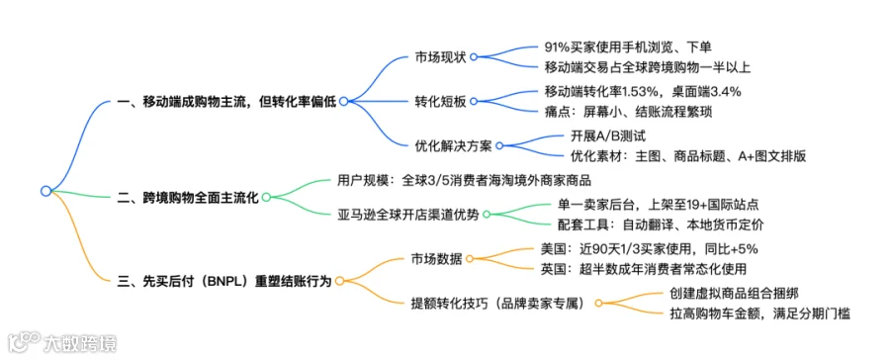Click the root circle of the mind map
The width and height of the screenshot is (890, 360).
[x=45, y=191]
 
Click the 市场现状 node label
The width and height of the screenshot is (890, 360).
[x=439, y=57]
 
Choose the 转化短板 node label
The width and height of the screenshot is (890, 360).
[x=439, y=102]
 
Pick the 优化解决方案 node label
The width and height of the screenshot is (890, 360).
[x=453, y=145]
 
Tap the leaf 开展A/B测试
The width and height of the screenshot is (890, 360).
[x=608, y=135]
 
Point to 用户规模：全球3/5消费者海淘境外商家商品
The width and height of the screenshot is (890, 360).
[x=462, y=181]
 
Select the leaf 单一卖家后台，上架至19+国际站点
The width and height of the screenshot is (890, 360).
[x=659, y=204]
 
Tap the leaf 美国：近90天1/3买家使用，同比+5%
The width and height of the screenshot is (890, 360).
[x=650, y=248]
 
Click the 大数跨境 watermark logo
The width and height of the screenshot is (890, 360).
[x=62, y=343]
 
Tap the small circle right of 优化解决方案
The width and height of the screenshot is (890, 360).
[x=499, y=146]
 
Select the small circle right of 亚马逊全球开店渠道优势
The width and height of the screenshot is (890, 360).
[x=487, y=215]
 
